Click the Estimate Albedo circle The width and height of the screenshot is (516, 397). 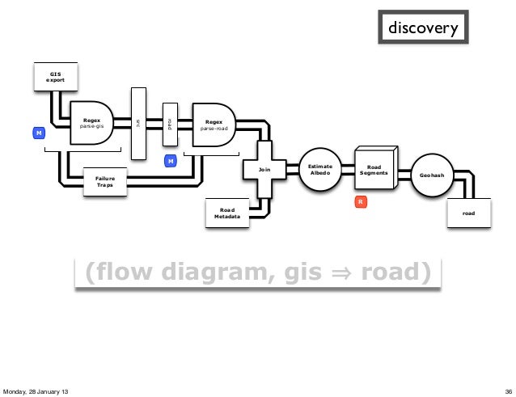coord(320,170)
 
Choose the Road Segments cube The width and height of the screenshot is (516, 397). coord(374,169)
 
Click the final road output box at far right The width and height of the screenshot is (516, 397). coord(469,213)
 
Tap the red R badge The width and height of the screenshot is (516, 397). coord(362,201)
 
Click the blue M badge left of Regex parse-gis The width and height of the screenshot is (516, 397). coord(37,132)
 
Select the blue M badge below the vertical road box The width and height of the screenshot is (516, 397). coord(171,162)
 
